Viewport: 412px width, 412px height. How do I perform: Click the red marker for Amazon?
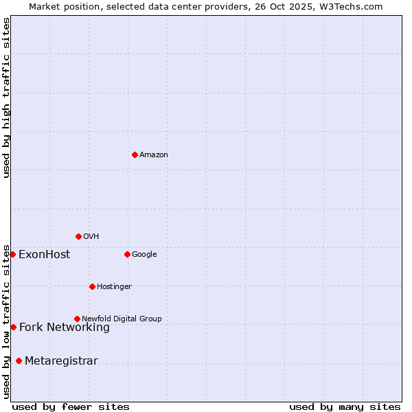click(135, 154)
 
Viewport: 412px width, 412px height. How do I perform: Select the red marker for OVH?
click(78, 236)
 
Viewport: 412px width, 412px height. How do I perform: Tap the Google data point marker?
click(127, 254)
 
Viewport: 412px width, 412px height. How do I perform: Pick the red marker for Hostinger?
click(92, 286)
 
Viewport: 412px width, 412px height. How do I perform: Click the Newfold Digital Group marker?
click(77, 319)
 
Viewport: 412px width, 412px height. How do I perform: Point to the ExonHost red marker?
click(12, 254)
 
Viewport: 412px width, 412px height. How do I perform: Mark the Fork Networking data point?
click(13, 327)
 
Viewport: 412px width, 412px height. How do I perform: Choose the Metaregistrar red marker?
click(19, 360)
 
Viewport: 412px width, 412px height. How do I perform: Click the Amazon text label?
click(154, 155)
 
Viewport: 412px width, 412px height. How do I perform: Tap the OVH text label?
click(91, 237)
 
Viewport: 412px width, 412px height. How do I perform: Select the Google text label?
click(144, 255)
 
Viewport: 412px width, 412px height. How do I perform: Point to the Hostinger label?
click(114, 287)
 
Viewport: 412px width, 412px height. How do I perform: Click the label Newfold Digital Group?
click(122, 319)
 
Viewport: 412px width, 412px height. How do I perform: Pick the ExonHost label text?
click(44, 255)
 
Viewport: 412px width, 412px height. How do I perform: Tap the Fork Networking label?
click(65, 328)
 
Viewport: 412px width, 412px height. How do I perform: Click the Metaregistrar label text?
click(61, 361)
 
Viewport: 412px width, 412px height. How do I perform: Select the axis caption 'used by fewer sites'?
click(71, 407)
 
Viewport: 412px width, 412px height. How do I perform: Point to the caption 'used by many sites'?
click(345, 407)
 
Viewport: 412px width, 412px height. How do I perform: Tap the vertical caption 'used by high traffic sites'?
click(7, 98)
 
